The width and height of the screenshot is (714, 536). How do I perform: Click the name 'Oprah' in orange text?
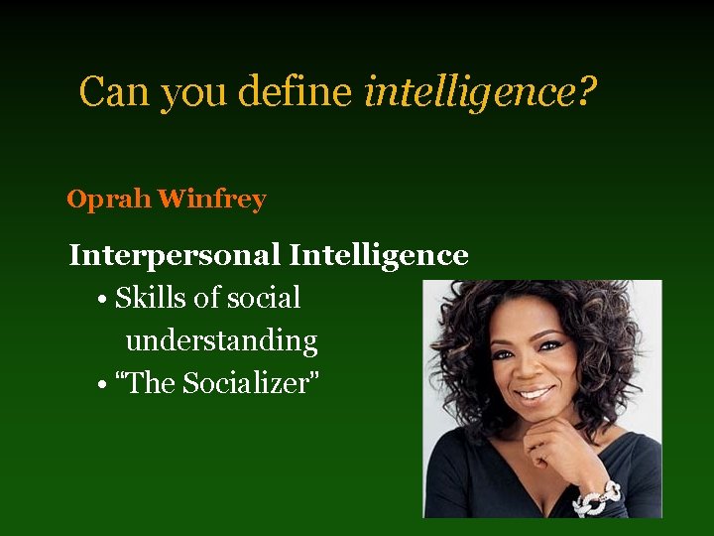pos(108,200)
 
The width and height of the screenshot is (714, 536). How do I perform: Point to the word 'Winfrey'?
pos(211,200)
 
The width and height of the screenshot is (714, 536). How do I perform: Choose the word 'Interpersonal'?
pos(175,255)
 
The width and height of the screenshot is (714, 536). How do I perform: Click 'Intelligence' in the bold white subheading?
pos(378,255)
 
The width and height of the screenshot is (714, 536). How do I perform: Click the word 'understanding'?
pos(221,340)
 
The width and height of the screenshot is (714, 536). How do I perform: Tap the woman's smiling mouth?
pos(535,393)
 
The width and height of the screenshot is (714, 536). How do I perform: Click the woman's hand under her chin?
pos(555,447)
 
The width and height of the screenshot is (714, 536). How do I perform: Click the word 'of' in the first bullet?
pos(208,298)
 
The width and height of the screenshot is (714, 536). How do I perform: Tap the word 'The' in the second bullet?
pos(148,383)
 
